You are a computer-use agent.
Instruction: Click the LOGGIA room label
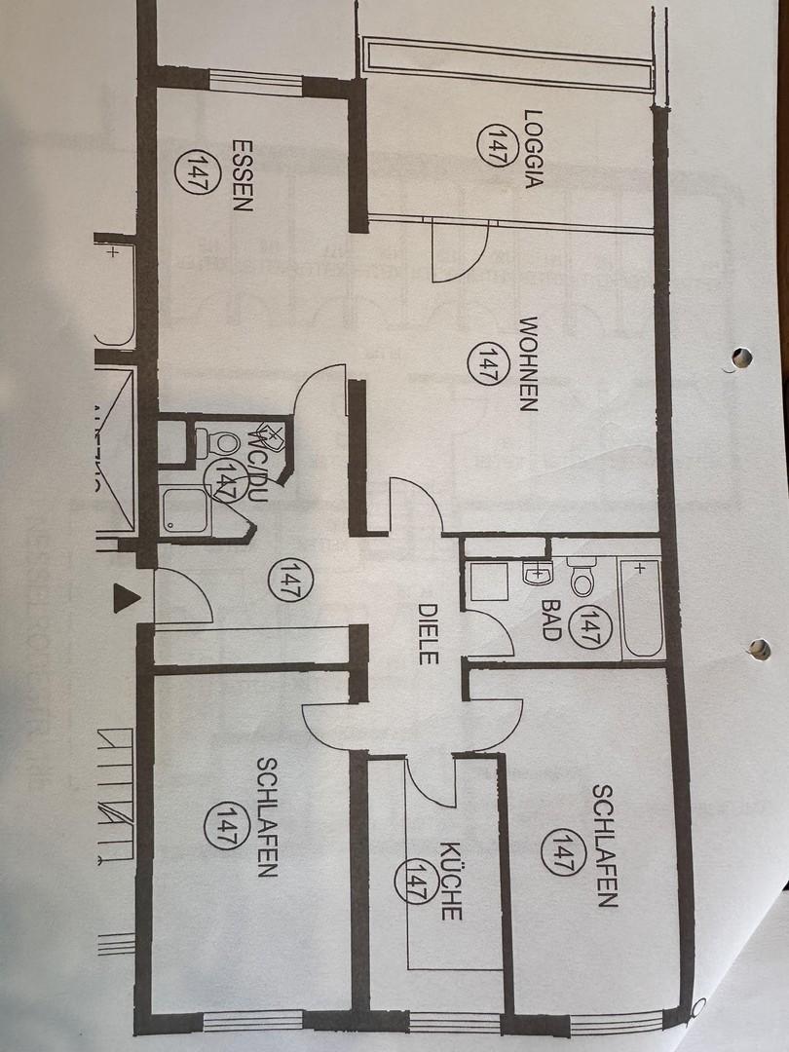(x=532, y=147)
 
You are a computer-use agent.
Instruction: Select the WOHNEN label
(x=527, y=363)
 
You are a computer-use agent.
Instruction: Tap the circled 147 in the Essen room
(x=203, y=173)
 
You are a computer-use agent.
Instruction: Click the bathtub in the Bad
(x=642, y=608)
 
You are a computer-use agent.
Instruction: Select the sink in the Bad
(x=536, y=576)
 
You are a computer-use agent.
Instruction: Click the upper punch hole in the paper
(x=741, y=357)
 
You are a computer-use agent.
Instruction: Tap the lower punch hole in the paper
(x=759, y=649)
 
